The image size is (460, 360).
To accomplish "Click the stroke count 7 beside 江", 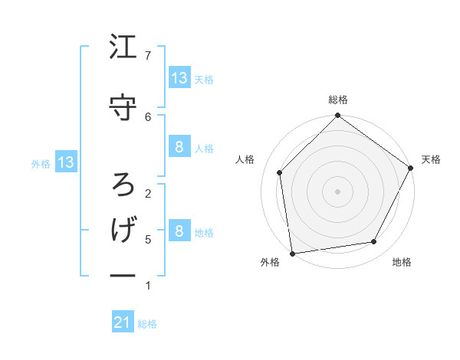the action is (148, 55).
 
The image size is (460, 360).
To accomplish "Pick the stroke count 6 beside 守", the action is (148, 116).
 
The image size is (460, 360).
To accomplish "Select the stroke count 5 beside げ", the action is (148, 239).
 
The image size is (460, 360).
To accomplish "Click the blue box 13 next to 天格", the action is (179, 77).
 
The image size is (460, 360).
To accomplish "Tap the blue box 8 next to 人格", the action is (179, 147).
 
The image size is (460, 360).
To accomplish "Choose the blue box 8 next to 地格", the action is (179, 231).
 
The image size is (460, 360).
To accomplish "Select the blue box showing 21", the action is (123, 323).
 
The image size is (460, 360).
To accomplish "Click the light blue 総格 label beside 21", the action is (147, 324).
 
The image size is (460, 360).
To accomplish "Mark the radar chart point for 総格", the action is (337, 116).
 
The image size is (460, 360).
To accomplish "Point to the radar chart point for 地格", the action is (374, 242).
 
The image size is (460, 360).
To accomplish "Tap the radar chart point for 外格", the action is (292, 253).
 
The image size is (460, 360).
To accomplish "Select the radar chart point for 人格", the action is (280, 172).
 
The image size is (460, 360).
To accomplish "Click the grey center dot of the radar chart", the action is (337, 191).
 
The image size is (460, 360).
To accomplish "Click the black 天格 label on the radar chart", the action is (431, 159).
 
